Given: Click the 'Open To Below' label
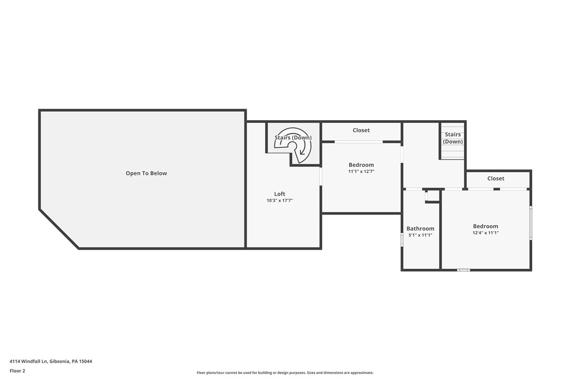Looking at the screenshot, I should point(146,173).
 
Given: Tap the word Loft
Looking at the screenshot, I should point(279,194).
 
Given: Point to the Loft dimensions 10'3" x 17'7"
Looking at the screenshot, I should point(279,200).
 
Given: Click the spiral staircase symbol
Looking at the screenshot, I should point(294,145).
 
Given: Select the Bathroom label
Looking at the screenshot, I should point(420,228).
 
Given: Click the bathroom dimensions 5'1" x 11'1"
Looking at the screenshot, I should point(420,235).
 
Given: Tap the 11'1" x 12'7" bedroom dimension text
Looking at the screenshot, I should point(361,172).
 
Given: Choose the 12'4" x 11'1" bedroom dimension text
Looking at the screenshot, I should point(485,233).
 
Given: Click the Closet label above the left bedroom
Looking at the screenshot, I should point(361,130).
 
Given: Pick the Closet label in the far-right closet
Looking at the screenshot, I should point(495,178).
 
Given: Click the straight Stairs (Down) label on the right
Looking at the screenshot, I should point(452,138).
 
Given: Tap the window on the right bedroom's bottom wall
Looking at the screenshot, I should point(462,270).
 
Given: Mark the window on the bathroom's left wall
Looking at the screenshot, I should point(402,240).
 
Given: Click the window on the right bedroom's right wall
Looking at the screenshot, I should point(531,223).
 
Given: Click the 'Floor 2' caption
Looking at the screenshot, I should point(17,371).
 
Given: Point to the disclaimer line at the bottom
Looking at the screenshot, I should point(285,373).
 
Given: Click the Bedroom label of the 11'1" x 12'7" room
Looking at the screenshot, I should point(361,165).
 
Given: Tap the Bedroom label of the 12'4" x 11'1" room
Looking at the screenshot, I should point(485,226).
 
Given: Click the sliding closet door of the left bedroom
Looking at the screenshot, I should point(359,142).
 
